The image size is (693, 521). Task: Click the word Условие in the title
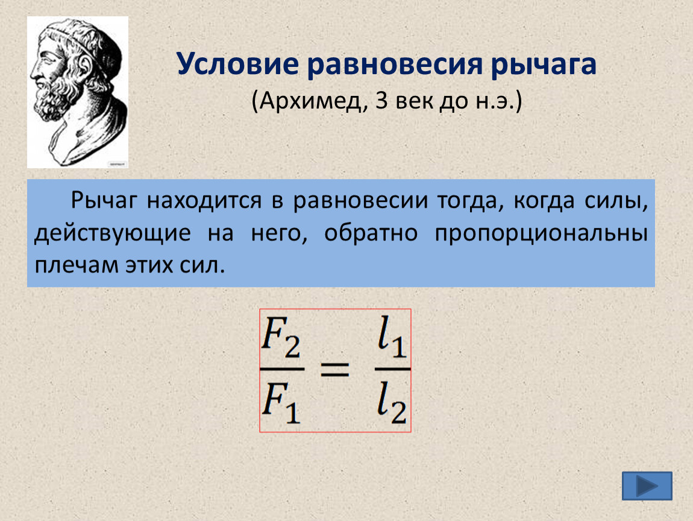238,64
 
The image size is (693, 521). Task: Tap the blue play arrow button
647,486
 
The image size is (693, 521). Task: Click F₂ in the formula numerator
281,338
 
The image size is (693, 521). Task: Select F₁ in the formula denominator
281,402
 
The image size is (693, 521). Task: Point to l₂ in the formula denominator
392,402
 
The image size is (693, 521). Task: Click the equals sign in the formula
334,369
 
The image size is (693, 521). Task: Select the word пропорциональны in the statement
541,234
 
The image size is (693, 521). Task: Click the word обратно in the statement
371,233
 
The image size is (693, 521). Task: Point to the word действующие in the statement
113,234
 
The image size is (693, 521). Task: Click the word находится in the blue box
205,201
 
